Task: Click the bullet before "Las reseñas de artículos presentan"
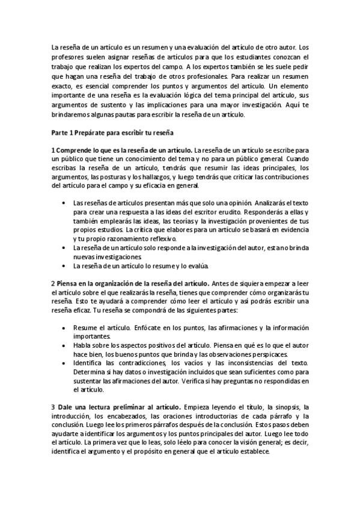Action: coord(64,203)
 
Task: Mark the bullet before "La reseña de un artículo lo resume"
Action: coord(64,266)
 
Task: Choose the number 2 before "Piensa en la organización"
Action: coord(53,283)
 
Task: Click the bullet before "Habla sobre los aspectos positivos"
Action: coord(64,346)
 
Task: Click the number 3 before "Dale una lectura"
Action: coord(53,408)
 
